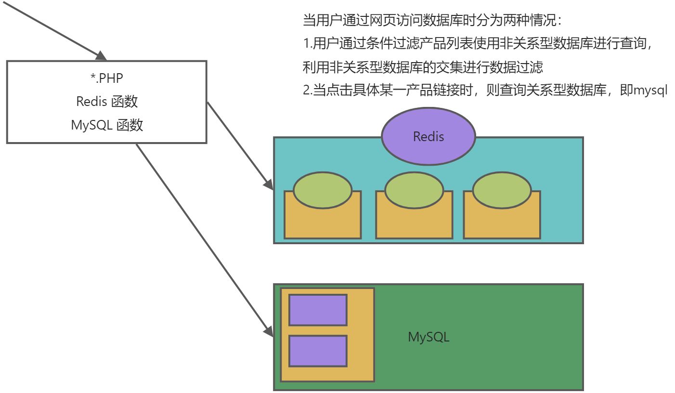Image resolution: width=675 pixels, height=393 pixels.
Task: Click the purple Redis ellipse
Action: coord(428,136)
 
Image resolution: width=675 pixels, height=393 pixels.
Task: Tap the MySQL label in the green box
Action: coord(428,337)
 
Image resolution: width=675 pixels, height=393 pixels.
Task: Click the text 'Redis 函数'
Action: coord(107,101)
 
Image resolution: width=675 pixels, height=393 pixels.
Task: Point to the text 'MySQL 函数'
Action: coord(107,125)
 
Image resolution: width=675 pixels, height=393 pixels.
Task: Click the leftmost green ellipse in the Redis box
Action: coord(323,191)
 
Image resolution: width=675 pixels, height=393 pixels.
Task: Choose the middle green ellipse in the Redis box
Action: coord(414,191)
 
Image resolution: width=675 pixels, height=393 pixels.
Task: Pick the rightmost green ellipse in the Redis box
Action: coord(502,191)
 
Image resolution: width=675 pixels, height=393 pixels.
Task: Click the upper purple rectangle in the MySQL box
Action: coord(318,310)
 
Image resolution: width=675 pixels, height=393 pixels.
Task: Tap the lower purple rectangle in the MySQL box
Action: coord(318,351)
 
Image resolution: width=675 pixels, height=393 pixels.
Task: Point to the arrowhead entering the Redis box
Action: coord(269,183)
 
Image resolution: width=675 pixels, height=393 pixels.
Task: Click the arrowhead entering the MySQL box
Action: coord(269,330)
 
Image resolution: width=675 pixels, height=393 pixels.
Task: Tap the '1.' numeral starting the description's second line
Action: coord(308,44)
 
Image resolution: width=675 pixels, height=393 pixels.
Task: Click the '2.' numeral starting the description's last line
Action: coord(308,91)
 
